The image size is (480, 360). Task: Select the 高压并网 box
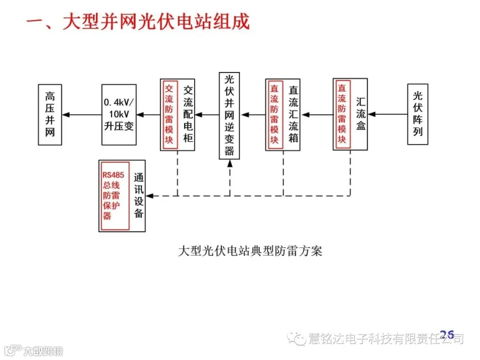coord(50,114)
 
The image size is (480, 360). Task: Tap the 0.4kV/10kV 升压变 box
coord(118,114)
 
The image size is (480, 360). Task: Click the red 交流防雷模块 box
coord(169,114)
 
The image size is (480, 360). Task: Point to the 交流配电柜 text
coord(187,114)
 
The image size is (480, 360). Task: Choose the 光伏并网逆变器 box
coord(229,115)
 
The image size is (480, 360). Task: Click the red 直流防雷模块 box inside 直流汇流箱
coord(274,114)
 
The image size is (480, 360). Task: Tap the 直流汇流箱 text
coord(293,114)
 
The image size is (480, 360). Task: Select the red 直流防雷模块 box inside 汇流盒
coord(342,114)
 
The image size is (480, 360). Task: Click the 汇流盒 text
coord(361,114)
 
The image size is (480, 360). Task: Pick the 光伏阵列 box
coord(418,114)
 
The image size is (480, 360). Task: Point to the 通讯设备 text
coord(138,196)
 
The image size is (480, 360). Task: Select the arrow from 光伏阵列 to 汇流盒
coord(388,114)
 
